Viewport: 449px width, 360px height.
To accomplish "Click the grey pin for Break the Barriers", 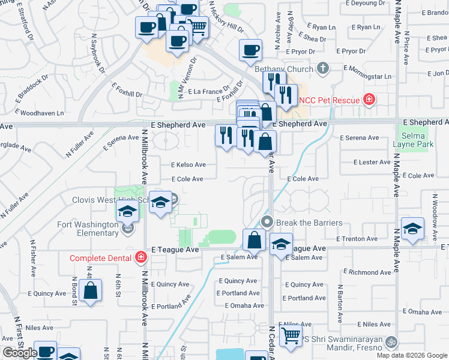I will point(268,223).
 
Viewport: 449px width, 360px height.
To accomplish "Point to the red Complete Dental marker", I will point(140,257).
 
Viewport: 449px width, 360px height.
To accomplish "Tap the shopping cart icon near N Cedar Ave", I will point(291,337).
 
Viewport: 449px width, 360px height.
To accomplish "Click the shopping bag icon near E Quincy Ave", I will point(90,292).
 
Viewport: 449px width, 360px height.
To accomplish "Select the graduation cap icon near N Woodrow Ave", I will point(412,229).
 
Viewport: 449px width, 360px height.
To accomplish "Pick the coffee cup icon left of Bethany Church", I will point(250,50).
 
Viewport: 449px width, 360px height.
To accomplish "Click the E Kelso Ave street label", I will point(188,164).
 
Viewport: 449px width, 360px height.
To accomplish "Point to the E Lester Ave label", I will point(372,163).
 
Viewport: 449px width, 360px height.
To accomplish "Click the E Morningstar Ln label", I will point(364,77).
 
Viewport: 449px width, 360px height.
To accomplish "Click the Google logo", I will point(20,353).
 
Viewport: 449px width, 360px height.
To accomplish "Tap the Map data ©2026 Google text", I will point(412,355).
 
